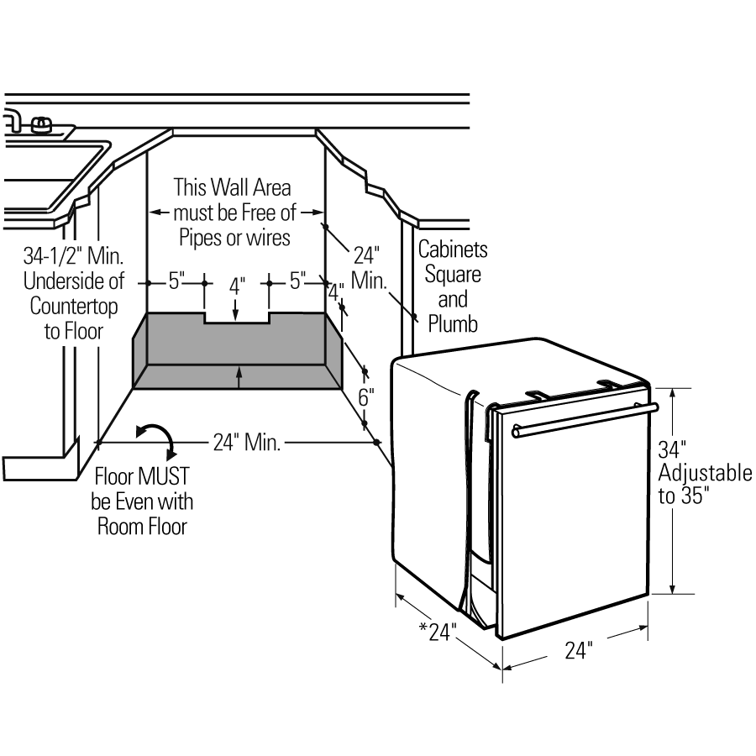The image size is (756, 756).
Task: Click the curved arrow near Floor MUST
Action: coord(155,438)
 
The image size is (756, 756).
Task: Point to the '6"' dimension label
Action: coord(365,398)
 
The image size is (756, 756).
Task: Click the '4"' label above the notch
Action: coord(235,286)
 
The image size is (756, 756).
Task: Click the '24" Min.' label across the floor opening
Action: coord(246,442)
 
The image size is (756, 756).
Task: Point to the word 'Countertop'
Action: coord(74,305)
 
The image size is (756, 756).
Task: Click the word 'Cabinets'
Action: coord(453,249)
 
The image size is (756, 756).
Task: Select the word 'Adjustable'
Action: coord(706,472)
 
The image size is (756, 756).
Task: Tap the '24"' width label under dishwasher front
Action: coord(578,651)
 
